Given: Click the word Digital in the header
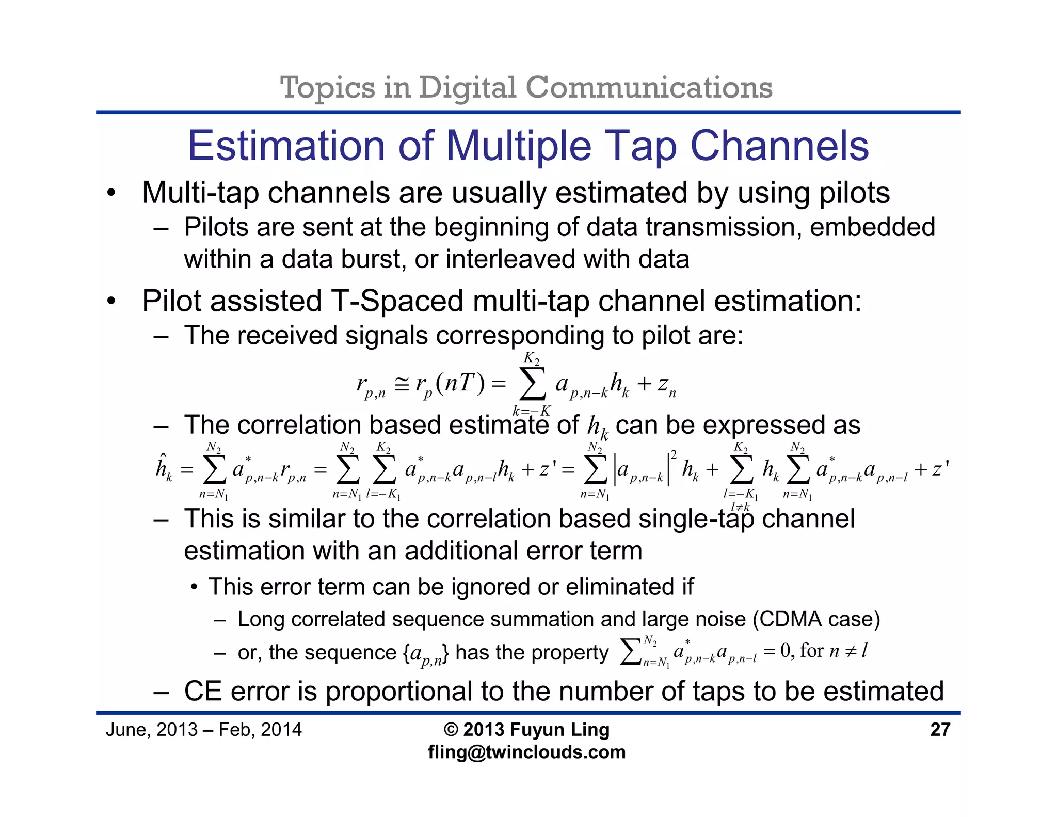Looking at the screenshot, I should pos(467,87).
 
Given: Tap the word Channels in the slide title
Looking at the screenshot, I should pos(779,146).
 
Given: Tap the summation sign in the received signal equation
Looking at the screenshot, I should pos(532,384).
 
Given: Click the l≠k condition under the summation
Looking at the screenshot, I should pos(740,507).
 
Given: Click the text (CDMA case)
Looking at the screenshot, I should pos(816,619).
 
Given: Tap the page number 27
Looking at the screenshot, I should pos(940,730).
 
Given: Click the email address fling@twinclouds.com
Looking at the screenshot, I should pos(526,752).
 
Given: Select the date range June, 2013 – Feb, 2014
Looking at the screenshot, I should pos(203,730).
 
